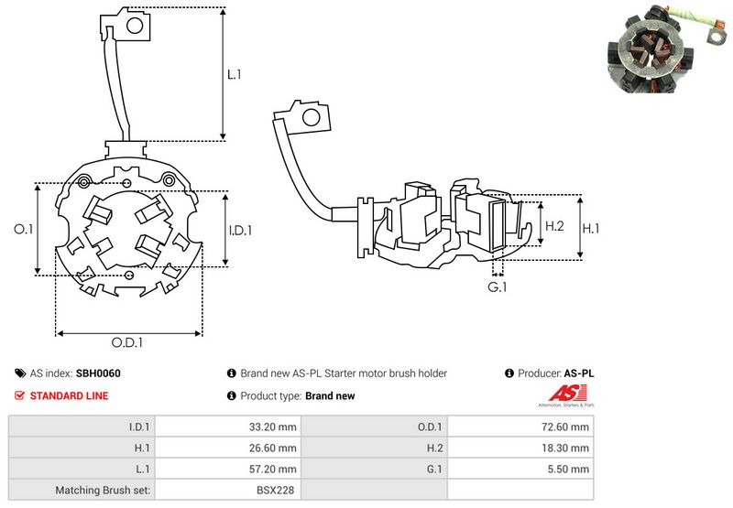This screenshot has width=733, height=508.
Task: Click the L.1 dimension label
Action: click(x=234, y=74)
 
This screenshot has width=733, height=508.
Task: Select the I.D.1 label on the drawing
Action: click(x=239, y=231)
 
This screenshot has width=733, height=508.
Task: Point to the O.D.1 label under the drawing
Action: click(x=128, y=342)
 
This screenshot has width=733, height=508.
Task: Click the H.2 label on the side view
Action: click(x=553, y=226)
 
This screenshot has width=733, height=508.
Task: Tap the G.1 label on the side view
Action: click(x=498, y=288)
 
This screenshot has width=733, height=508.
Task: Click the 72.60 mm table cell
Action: click(x=568, y=427)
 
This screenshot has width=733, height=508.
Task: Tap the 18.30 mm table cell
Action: click(x=568, y=448)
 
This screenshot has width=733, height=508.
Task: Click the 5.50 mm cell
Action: click(x=571, y=469)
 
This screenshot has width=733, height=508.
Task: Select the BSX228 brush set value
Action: click(x=279, y=490)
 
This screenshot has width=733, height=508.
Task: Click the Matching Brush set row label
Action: click(x=104, y=490)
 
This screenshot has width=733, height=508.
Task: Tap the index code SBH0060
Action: click(x=98, y=373)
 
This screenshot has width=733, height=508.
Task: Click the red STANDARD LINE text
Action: click(x=69, y=395)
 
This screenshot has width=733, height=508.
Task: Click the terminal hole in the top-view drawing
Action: click(x=132, y=27)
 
